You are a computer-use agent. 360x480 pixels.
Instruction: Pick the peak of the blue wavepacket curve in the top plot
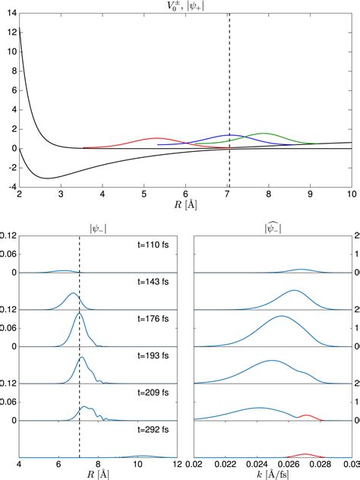(x=231, y=135)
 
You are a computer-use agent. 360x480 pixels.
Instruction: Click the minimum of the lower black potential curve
(x=48, y=178)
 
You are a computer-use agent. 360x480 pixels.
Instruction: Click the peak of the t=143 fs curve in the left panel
(x=73, y=293)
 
